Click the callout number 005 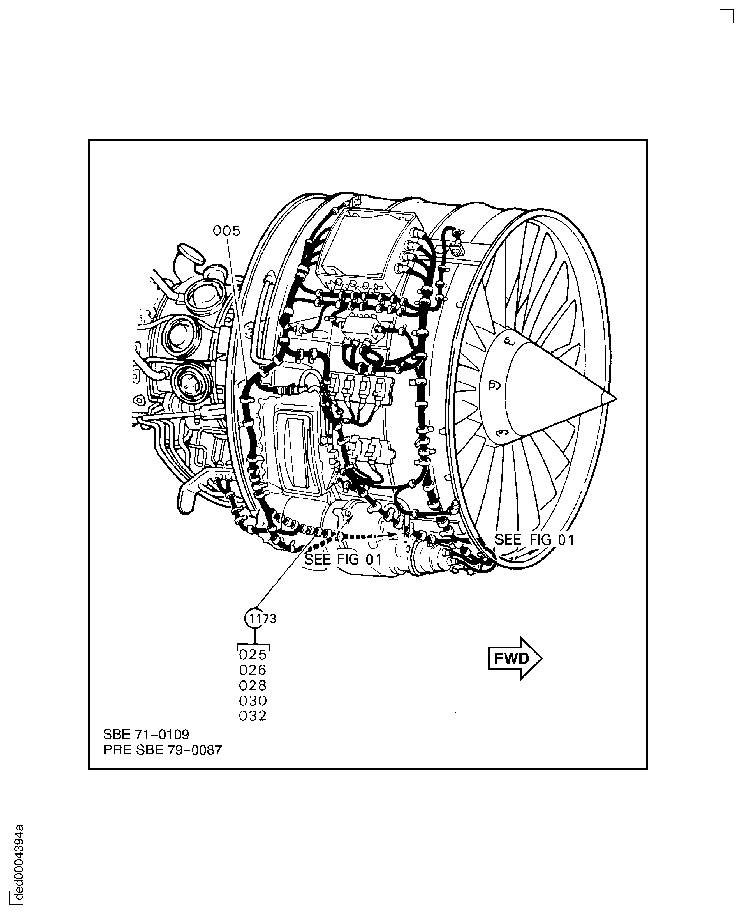226,231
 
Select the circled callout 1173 256,618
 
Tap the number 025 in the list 253,655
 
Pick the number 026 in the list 253,670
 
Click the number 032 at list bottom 253,716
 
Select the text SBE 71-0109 146,735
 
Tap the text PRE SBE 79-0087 163,750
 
